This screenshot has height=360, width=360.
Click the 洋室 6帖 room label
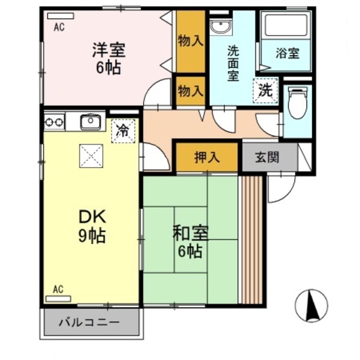109,58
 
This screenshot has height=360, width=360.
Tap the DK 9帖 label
92,225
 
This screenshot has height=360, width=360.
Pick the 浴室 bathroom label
287,54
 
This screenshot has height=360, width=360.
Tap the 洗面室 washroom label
234,62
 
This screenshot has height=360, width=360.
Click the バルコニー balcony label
89,323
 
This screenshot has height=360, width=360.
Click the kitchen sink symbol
89,121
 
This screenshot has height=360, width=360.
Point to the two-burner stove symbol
54,121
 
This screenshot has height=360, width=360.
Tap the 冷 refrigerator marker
122,132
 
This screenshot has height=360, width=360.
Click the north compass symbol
311,305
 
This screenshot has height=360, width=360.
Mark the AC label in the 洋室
58,26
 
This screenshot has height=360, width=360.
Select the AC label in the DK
58,289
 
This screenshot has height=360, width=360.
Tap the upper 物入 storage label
191,40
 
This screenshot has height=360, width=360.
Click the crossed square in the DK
91,155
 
